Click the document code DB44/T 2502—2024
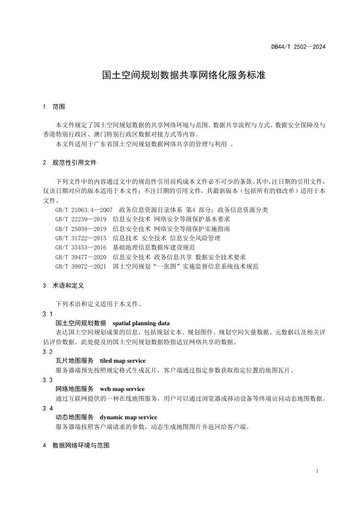coord(298,47)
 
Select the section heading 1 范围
coord(54,106)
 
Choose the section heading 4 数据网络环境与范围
coord(76,445)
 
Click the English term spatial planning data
coord(141,323)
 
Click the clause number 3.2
coord(48,351)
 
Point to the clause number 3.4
coord(48,408)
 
